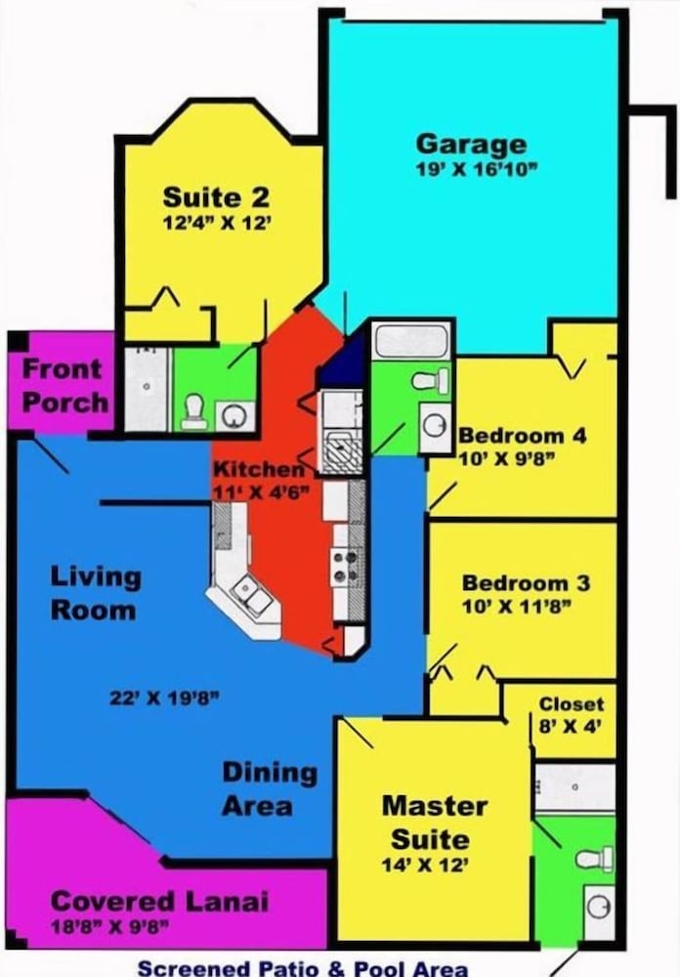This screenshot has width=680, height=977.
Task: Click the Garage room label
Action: pyautogui.click(x=471, y=146)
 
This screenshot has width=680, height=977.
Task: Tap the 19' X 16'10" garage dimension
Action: pyautogui.click(x=476, y=169)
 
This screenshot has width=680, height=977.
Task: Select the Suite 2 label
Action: pyautogui.click(x=216, y=197)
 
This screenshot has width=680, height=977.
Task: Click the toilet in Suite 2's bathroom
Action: pyautogui.click(x=194, y=412)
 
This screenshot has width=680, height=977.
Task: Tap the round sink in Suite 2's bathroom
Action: pyautogui.click(x=234, y=415)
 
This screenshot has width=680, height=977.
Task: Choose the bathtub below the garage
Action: pyautogui.click(x=411, y=340)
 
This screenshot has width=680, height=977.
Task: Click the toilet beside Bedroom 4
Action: pyautogui.click(x=431, y=380)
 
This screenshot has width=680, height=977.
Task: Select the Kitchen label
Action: pyautogui.click(x=259, y=469)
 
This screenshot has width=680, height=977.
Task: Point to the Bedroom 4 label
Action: pyautogui.click(x=523, y=435)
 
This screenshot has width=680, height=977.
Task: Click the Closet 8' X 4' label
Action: pyautogui.click(x=571, y=715)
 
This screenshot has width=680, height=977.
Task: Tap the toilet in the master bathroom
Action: pyautogui.click(x=595, y=859)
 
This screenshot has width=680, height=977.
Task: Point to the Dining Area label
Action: pyautogui.click(x=270, y=789)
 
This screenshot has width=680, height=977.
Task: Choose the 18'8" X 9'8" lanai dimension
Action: pyautogui.click(x=109, y=927)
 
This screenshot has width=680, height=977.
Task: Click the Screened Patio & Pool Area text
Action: pyautogui.click(x=302, y=968)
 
